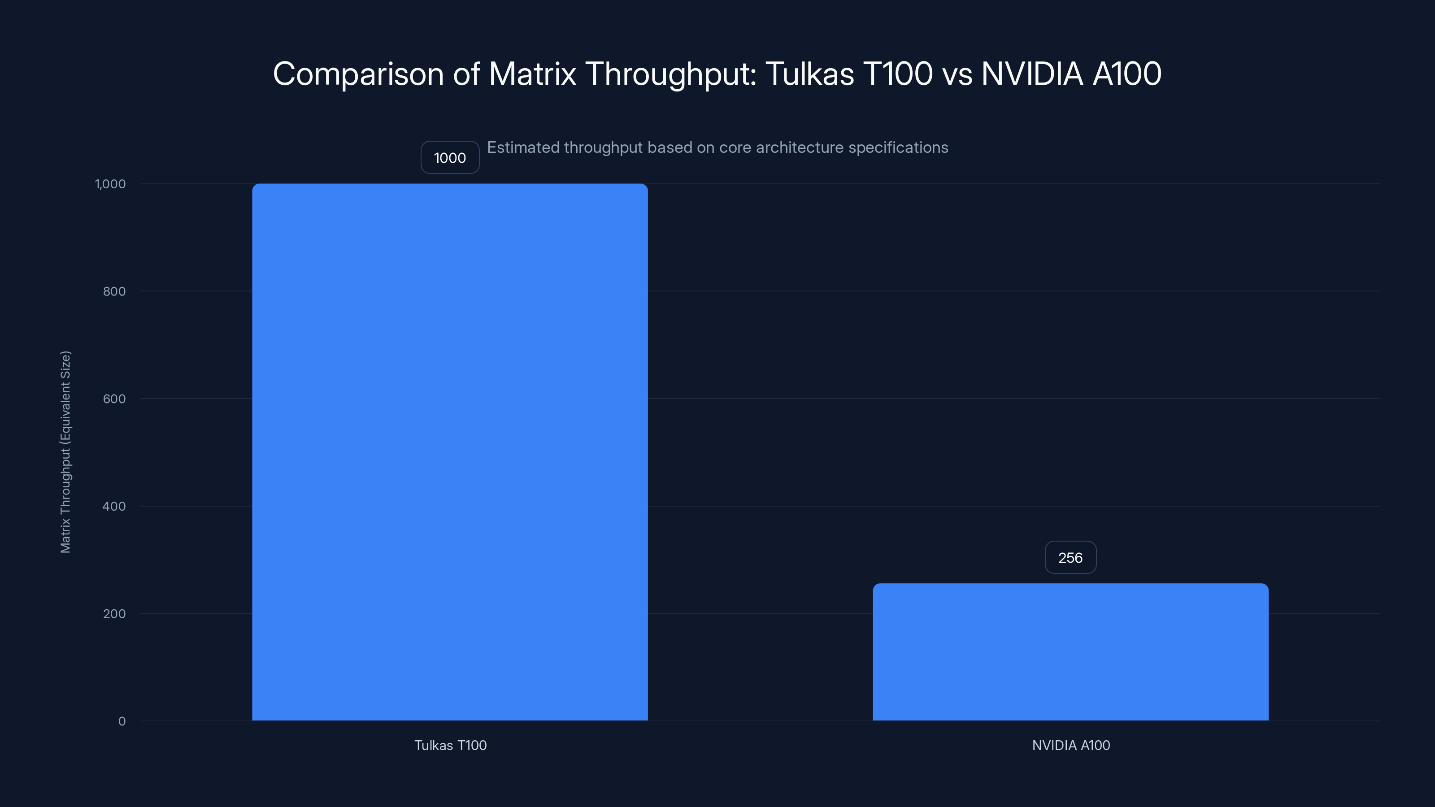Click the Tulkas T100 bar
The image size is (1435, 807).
point(449,451)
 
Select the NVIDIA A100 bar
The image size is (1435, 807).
point(1070,651)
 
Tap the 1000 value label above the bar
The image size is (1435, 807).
point(449,158)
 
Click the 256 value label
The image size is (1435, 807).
point(1070,557)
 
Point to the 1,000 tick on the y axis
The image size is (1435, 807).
point(110,184)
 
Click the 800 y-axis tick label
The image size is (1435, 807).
point(114,291)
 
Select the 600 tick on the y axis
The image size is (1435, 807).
point(114,399)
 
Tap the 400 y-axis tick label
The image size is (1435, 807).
point(114,506)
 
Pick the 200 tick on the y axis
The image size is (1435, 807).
point(114,614)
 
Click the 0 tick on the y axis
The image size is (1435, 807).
point(122,721)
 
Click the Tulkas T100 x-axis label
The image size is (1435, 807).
point(450,745)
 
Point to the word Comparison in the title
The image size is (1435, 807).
point(358,74)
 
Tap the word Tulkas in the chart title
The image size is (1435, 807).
point(809,74)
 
